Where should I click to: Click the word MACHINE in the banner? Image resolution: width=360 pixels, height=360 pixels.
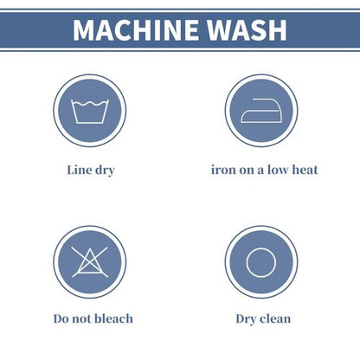point(136,30)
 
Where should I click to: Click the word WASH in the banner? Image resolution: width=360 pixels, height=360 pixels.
point(247,30)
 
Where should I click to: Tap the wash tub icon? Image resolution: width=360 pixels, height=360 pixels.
point(90,112)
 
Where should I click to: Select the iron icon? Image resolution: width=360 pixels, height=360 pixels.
point(261,111)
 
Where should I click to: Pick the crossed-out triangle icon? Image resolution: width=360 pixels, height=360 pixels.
point(90,262)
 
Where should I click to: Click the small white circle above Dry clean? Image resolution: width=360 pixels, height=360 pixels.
point(261,262)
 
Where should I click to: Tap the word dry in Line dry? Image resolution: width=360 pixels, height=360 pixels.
point(105,170)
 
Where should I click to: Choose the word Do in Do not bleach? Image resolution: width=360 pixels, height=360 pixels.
point(61,318)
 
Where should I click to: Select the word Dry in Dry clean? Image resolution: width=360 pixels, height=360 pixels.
point(246,319)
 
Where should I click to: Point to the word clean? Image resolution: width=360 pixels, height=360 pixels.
point(275,318)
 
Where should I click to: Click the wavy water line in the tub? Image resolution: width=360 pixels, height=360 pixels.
point(90,104)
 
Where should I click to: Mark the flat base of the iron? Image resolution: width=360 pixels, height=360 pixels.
point(261,123)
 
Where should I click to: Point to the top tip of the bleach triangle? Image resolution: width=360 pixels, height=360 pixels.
point(90,248)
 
